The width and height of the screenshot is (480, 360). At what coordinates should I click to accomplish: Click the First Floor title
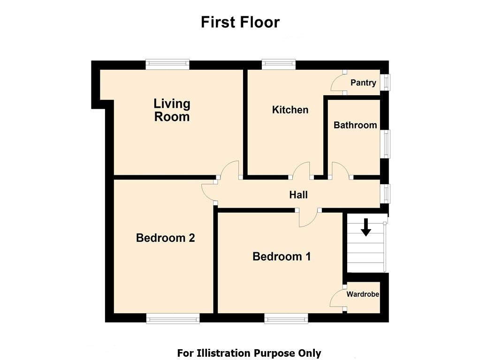point(240,22)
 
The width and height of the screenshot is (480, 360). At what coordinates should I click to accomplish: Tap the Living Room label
point(172,110)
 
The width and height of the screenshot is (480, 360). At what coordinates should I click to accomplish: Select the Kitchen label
point(290,110)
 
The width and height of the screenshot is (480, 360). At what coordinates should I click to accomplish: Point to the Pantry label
point(363,82)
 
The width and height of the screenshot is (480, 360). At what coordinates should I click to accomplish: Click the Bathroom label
point(355,125)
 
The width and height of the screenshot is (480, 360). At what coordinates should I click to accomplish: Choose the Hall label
point(298,195)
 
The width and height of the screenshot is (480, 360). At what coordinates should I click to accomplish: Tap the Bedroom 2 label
point(165,238)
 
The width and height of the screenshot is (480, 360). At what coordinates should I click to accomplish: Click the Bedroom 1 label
point(282,256)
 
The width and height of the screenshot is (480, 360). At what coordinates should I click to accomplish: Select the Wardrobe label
point(363,294)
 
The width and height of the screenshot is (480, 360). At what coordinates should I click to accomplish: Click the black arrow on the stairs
point(366,227)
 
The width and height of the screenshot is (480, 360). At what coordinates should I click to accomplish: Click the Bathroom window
point(385,144)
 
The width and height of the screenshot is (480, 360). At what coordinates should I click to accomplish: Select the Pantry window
point(385,82)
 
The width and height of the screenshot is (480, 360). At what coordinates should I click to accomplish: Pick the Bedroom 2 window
point(173,318)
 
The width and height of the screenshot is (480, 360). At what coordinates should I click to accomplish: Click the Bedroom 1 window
point(286,318)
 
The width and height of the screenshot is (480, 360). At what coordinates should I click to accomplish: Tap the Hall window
point(385,193)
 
